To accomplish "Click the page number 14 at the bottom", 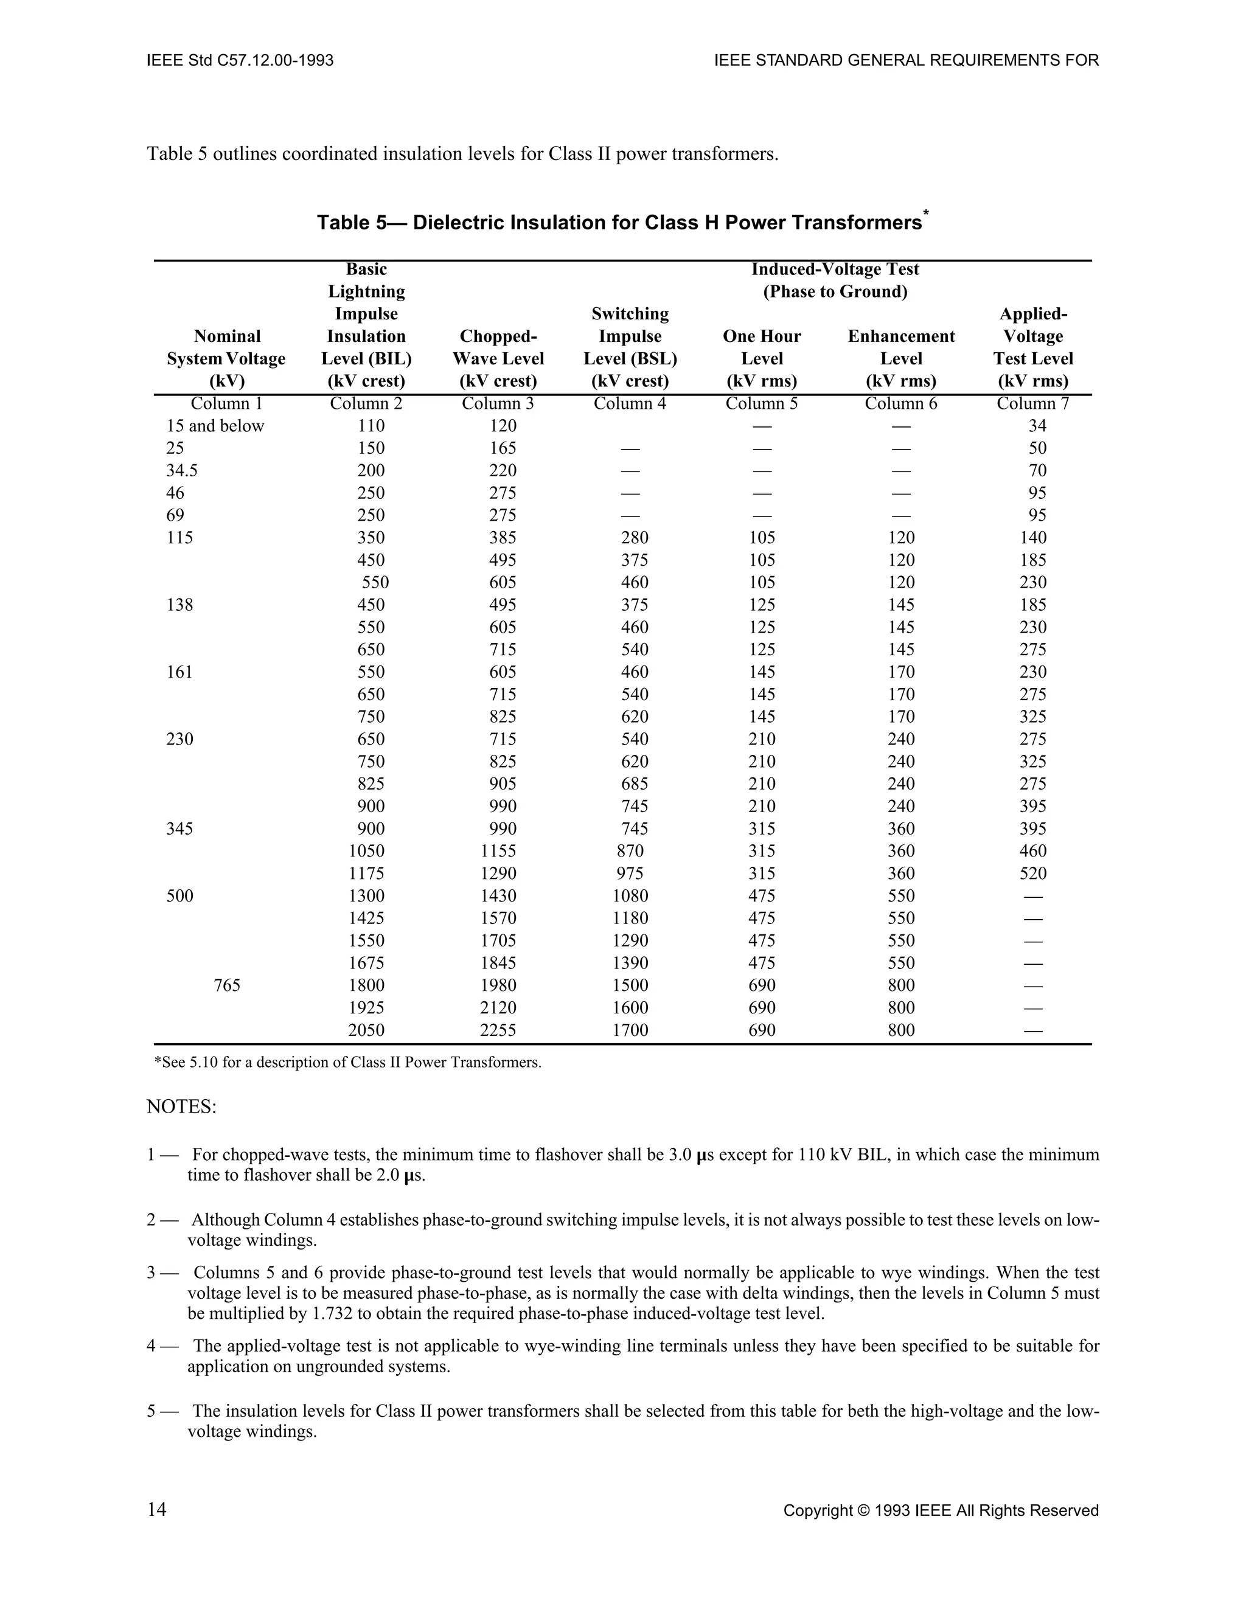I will [x=156, y=1509].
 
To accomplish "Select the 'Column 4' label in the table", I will [x=630, y=404].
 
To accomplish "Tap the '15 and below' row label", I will [x=215, y=426].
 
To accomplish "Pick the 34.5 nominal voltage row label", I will [x=183, y=471].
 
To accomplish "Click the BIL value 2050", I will [x=366, y=1030].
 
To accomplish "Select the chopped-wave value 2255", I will [x=498, y=1030].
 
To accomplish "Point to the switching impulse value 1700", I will [x=630, y=1030].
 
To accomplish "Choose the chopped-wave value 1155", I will [x=498, y=851].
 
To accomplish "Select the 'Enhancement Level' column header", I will [x=900, y=347].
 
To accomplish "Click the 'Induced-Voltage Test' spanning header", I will [x=835, y=269].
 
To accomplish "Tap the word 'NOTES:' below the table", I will [x=181, y=1107].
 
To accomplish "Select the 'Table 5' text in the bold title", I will [x=352, y=223].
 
